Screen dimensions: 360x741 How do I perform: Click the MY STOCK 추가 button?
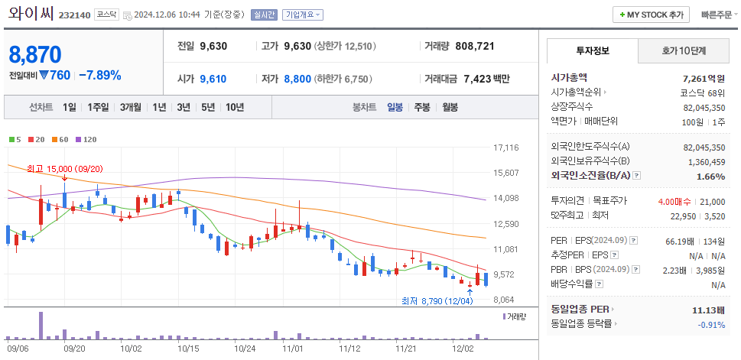point(651,15)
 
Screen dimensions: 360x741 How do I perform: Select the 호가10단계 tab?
point(684,50)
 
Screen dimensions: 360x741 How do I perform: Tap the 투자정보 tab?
point(592,50)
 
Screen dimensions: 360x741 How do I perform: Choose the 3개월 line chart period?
point(132,107)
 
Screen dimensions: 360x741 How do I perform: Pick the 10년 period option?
point(234,107)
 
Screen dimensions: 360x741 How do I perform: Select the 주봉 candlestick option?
point(422,107)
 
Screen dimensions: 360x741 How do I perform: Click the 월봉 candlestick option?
point(449,107)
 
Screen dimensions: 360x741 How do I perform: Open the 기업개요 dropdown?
point(302,15)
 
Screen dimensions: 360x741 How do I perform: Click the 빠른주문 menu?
point(719,15)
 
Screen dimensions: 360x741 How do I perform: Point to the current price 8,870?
point(35,54)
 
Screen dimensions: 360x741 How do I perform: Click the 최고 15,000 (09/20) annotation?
point(64,168)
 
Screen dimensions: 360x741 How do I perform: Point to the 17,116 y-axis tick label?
point(506,148)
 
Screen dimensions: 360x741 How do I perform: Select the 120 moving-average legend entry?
point(86,139)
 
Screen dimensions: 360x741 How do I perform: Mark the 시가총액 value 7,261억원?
point(703,78)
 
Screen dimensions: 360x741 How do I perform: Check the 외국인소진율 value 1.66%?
point(710,176)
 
